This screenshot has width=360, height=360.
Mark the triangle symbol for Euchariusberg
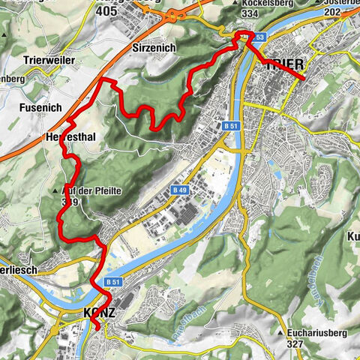279,332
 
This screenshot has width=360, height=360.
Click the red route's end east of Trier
302,79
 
